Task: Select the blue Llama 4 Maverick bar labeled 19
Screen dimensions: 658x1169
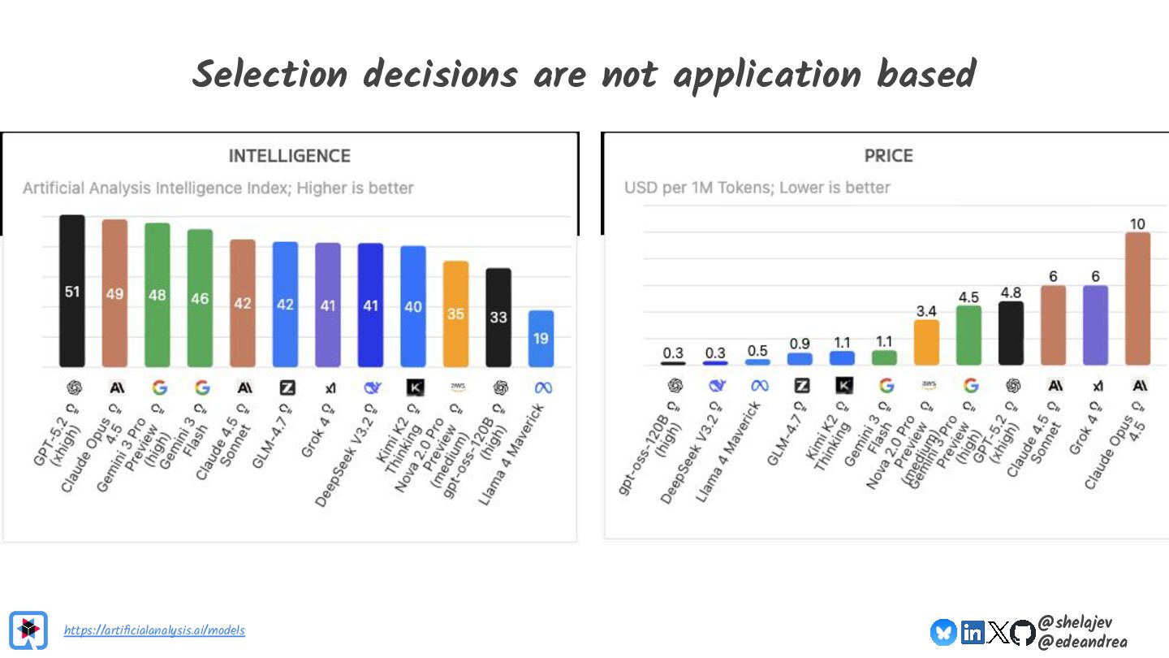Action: click(x=541, y=338)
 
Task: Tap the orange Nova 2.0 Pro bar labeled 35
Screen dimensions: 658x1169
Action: click(x=455, y=314)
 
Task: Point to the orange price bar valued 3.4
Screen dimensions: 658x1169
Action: click(x=926, y=342)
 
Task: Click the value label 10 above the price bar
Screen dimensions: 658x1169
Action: click(x=1137, y=223)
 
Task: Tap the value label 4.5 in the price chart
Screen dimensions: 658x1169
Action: click(x=968, y=297)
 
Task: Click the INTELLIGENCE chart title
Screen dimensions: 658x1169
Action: click(x=290, y=156)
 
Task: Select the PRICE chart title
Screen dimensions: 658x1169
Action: click(x=889, y=156)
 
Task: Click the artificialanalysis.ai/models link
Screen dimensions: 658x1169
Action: click(x=154, y=630)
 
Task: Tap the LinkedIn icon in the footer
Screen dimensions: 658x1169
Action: click(x=972, y=632)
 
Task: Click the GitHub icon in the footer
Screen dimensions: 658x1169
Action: click(x=1023, y=632)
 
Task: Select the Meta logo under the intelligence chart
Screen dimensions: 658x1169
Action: click(x=541, y=388)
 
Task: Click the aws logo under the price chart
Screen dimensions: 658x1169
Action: click(x=927, y=386)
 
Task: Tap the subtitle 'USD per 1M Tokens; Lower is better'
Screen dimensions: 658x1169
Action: click(x=757, y=188)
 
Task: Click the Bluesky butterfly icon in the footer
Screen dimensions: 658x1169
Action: click(x=943, y=632)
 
